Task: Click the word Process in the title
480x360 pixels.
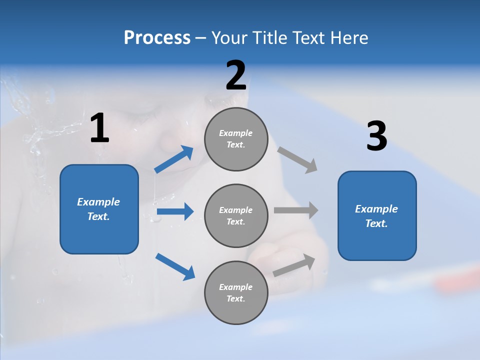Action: click(157, 38)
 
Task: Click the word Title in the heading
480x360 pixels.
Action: click(269, 38)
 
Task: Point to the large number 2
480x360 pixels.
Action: click(236, 76)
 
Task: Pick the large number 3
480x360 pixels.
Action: click(377, 136)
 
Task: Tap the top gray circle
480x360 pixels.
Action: click(236, 139)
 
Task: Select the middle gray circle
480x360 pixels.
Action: click(236, 215)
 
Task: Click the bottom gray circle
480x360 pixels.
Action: click(236, 292)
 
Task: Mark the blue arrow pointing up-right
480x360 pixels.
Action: click(173, 160)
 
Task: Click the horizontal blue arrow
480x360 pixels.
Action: click(175, 212)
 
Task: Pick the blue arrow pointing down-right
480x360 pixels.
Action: click(175, 266)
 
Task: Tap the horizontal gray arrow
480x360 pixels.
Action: click(296, 210)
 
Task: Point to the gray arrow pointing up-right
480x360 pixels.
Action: click(294, 265)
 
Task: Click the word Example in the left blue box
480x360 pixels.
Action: click(98, 202)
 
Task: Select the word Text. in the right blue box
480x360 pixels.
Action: click(376, 223)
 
